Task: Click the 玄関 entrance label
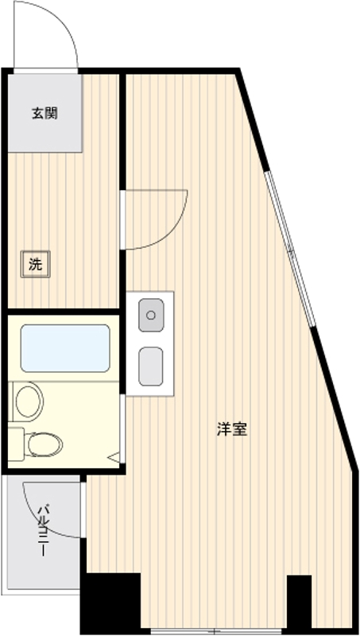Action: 45,113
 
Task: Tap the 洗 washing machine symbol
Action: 35,265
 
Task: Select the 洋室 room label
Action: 232,429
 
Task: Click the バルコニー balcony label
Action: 45,529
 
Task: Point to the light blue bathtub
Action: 65,348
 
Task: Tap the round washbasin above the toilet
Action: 28,400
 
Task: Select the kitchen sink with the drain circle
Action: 151,315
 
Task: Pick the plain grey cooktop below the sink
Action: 151,366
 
